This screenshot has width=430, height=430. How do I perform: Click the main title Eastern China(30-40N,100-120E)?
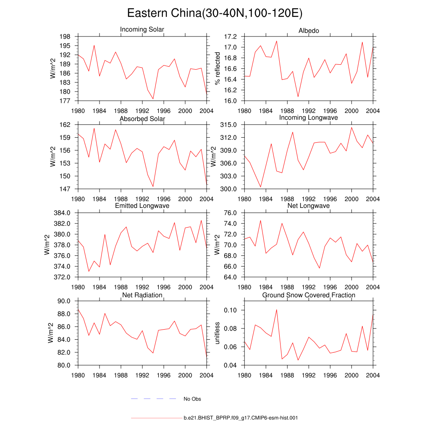215,13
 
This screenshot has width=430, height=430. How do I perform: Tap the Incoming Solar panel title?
142,30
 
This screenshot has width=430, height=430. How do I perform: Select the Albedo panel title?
309,31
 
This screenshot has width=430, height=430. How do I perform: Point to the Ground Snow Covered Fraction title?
309,295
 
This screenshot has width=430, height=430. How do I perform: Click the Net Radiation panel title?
142,295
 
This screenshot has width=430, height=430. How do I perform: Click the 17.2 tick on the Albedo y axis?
231,37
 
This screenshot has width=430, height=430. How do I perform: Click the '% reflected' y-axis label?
218,68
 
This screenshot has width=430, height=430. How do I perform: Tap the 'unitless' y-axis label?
218,333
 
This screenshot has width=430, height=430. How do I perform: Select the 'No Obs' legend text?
192,399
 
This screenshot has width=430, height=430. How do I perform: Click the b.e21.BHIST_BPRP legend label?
241,418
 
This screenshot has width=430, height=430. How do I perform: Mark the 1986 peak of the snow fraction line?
277,309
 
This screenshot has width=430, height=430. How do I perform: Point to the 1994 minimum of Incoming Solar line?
153,99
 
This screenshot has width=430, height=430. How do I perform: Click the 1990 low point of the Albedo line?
298,97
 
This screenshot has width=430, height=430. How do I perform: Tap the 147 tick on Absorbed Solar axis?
69,189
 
